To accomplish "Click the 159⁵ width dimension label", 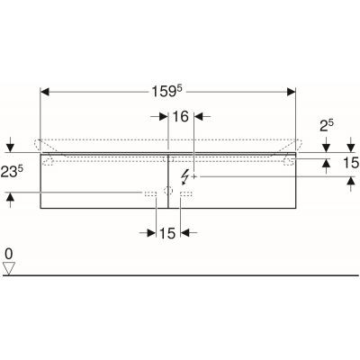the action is tap(167, 91).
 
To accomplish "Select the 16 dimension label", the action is tap(181, 116).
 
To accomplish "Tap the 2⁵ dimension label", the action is tap(327, 126).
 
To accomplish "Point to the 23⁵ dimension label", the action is tap(12, 172).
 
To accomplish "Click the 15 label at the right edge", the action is tap(351, 163).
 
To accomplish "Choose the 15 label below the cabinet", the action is tap(167, 233).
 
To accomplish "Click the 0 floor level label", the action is tap(9, 255).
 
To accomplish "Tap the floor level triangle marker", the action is tap(9, 268).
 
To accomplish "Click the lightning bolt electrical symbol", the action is tap(184, 177).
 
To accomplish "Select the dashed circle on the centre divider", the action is tap(168, 191).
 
